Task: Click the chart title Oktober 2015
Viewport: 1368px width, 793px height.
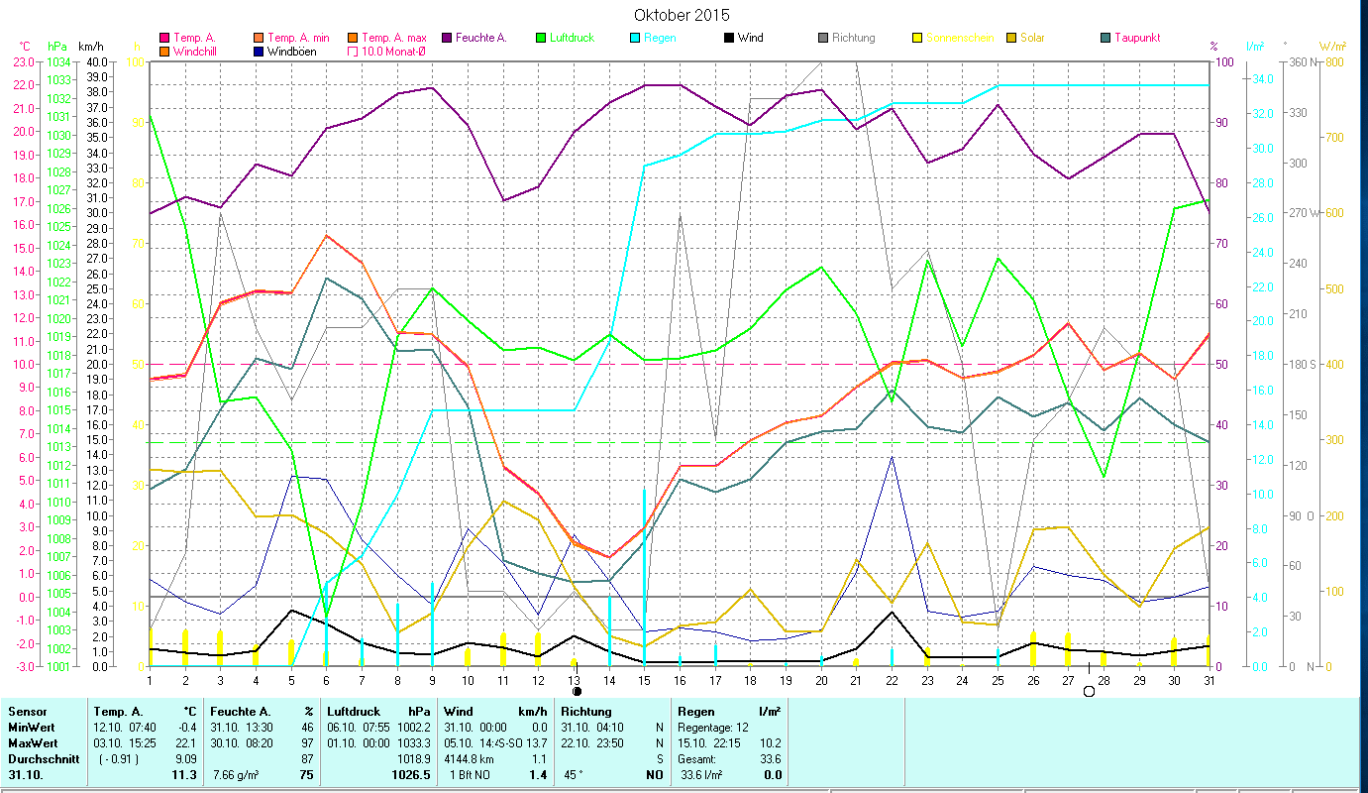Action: [682, 15]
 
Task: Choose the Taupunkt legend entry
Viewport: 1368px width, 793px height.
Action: [1136, 38]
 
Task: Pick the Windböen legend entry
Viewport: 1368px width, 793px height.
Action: [291, 51]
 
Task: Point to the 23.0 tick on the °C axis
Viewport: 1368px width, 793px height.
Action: [24, 61]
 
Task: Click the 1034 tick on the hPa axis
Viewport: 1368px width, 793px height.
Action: [58, 61]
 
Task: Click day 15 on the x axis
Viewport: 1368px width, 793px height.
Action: [644, 679]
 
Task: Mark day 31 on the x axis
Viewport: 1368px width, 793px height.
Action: [1209, 679]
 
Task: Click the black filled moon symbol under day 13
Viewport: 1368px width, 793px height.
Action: [576, 691]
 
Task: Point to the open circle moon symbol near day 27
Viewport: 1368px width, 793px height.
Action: [1089, 691]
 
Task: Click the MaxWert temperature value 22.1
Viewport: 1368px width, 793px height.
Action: [184, 742]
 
